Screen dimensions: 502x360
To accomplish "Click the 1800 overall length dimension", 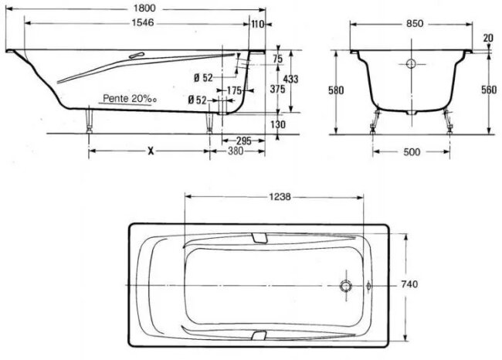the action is (x=144, y=8).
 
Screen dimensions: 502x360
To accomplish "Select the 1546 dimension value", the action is (x=143, y=22).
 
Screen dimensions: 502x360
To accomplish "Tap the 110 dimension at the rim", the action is (x=258, y=24).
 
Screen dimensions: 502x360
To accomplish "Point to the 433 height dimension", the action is (x=290, y=79).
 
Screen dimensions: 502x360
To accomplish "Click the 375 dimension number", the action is (x=277, y=89).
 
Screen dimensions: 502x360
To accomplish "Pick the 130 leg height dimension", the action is (x=277, y=124).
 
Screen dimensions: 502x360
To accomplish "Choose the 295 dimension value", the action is (x=244, y=141).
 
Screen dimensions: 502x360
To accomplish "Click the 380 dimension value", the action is (x=236, y=151).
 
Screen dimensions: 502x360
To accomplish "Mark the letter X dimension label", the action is (x=151, y=151).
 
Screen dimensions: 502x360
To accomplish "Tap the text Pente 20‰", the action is (x=130, y=98).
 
